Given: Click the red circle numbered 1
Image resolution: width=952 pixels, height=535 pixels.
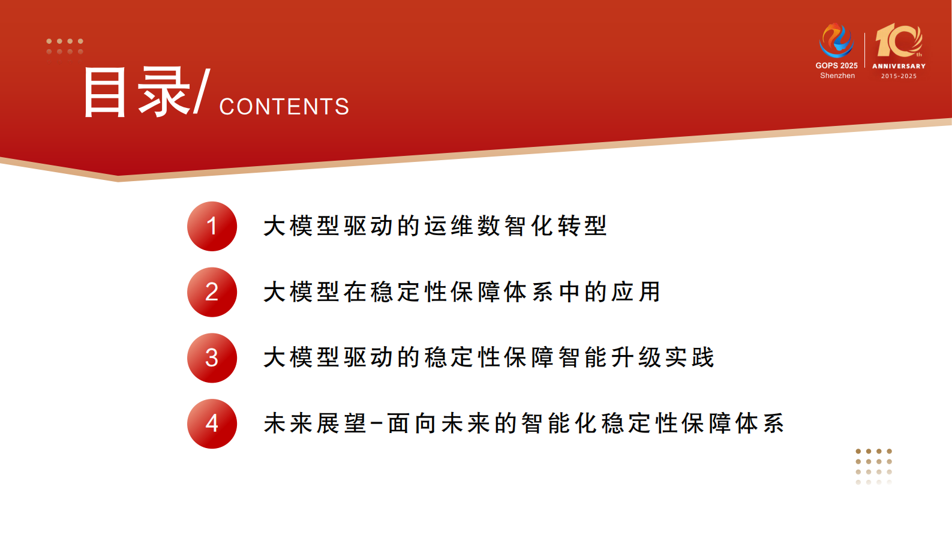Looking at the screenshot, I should coord(212,226).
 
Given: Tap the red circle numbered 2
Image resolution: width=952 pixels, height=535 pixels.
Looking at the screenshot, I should coord(212,292).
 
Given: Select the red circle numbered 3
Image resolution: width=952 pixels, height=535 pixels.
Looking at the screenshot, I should coord(212,358).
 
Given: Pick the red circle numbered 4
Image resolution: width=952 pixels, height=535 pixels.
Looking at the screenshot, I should coord(212,423).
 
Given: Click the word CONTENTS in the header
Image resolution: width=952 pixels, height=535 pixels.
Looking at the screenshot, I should coord(284,107).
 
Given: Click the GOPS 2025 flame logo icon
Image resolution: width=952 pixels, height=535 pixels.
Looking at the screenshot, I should coord(836,40).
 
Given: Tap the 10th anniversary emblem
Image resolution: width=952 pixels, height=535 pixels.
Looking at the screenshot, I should coord(899,41).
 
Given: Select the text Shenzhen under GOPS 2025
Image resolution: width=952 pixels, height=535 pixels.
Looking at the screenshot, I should coord(837,76).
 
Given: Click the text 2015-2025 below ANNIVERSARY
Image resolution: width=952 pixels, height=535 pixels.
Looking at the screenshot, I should coord(899,76).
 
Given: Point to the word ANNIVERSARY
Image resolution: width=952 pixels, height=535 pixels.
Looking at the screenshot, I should coord(899,66).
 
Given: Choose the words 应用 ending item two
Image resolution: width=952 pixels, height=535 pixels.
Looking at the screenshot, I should coord(636,292).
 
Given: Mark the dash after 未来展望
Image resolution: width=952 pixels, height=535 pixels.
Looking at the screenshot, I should coord(377,424).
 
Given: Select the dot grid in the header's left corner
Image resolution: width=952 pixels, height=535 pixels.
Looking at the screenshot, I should coord(65,46).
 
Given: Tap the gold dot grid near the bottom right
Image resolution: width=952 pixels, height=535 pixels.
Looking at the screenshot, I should coord(873,466).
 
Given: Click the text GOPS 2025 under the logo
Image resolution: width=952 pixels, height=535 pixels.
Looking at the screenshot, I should coord(836,65).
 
